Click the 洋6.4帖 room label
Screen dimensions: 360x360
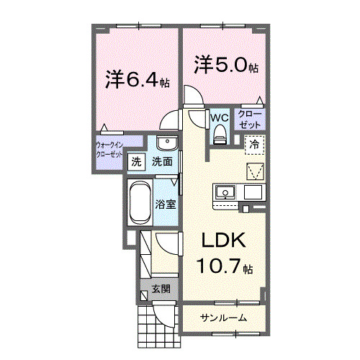pos(137,78)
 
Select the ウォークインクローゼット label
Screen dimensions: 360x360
pos(109,152)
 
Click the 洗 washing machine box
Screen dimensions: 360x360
pos(135,163)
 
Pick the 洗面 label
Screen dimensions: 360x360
pos(162,162)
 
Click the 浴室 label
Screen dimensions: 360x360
pos(166,204)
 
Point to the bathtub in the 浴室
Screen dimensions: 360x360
pos(139,203)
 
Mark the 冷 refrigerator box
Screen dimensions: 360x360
pos(254,144)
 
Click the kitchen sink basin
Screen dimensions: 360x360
pos(225,192)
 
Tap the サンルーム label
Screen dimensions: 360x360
pos(224,318)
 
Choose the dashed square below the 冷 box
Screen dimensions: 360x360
pos(255,171)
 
